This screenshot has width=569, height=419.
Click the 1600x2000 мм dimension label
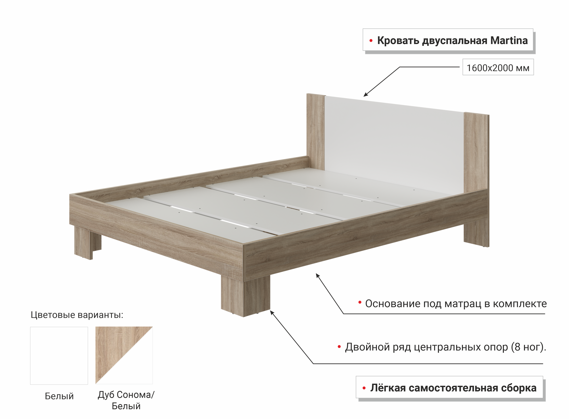pyautogui.click(x=498, y=68)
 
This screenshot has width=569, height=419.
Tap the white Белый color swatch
pyautogui.click(x=59, y=356)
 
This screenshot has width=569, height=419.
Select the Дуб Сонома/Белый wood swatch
pyautogui.click(x=124, y=355)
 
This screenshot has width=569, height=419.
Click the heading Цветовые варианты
pyautogui.click(x=77, y=315)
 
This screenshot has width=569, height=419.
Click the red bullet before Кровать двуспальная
pyautogui.click(x=371, y=41)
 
